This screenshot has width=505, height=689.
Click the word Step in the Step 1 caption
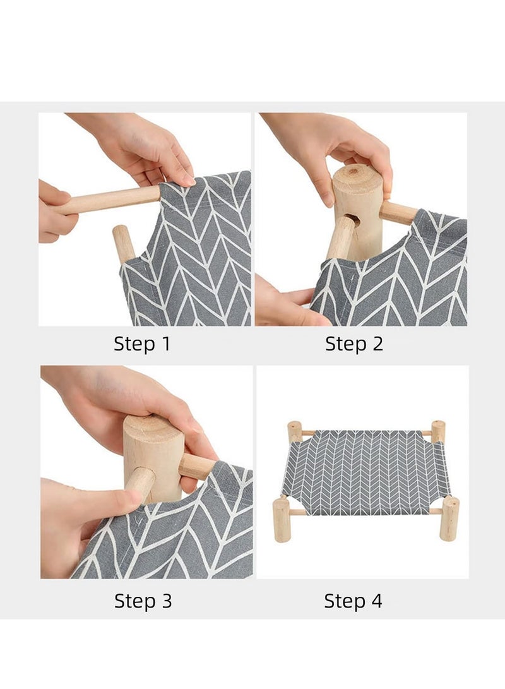(x=134, y=344)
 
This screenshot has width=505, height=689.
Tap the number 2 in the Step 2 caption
(x=377, y=344)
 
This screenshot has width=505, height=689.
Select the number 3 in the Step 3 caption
(x=167, y=601)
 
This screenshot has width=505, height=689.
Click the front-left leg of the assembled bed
(x=281, y=520)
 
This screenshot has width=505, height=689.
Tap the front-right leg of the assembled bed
(x=449, y=519)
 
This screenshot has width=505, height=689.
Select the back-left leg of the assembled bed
(x=294, y=431)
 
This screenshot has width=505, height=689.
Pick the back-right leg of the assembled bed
(x=438, y=431)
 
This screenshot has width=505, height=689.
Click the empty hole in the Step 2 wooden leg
(x=353, y=219)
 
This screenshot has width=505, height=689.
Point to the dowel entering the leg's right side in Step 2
(x=398, y=213)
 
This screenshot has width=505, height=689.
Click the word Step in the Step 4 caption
(x=344, y=601)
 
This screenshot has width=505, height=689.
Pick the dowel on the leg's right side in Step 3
(x=198, y=466)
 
